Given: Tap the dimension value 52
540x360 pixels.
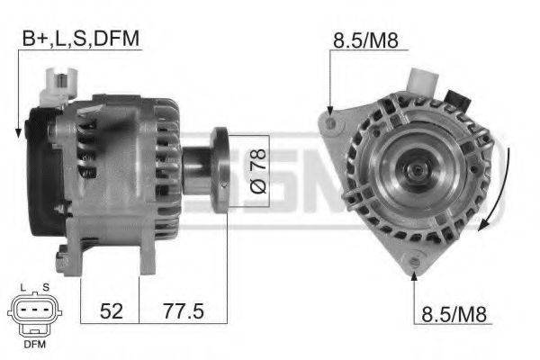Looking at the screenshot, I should pos(111,311).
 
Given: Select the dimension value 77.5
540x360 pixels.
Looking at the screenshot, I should pos(184,311).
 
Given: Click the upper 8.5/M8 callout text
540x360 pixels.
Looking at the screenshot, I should pos(366,40).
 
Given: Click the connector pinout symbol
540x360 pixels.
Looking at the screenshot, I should pos(33,311).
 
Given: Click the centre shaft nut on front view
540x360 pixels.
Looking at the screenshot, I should pos(417,168).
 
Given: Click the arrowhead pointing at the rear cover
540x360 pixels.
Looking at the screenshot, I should pos(18,135).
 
